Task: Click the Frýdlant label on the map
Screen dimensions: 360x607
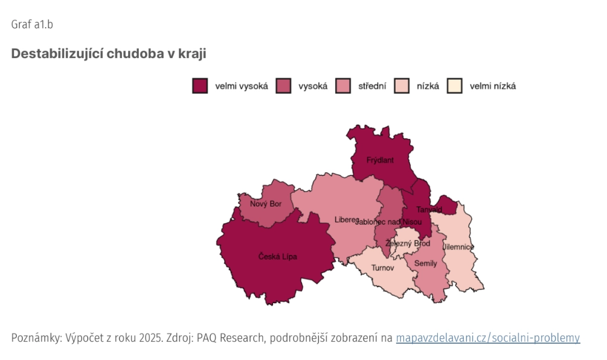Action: click(x=380, y=160)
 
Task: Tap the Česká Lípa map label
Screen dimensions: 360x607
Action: click(x=277, y=257)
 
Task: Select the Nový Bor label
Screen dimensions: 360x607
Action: click(x=266, y=204)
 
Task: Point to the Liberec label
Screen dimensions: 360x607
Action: click(x=347, y=220)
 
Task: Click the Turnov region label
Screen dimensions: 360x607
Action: click(x=382, y=268)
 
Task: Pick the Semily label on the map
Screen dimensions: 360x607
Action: click(x=425, y=263)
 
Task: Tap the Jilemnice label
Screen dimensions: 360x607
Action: click(x=458, y=247)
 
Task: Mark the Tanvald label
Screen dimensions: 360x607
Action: click(x=429, y=210)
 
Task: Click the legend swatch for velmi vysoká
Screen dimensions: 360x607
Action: click(x=200, y=86)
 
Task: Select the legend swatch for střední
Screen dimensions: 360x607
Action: click(x=343, y=86)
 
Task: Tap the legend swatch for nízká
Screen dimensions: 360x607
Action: click(x=402, y=86)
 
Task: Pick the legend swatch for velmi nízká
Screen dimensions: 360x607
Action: click(x=454, y=86)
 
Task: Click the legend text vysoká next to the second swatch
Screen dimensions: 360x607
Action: click(x=313, y=86)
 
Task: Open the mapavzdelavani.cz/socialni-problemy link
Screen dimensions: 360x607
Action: click(x=487, y=338)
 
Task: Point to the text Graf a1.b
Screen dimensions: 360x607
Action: click(x=32, y=25)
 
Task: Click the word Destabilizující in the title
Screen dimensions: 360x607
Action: click(x=57, y=54)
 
